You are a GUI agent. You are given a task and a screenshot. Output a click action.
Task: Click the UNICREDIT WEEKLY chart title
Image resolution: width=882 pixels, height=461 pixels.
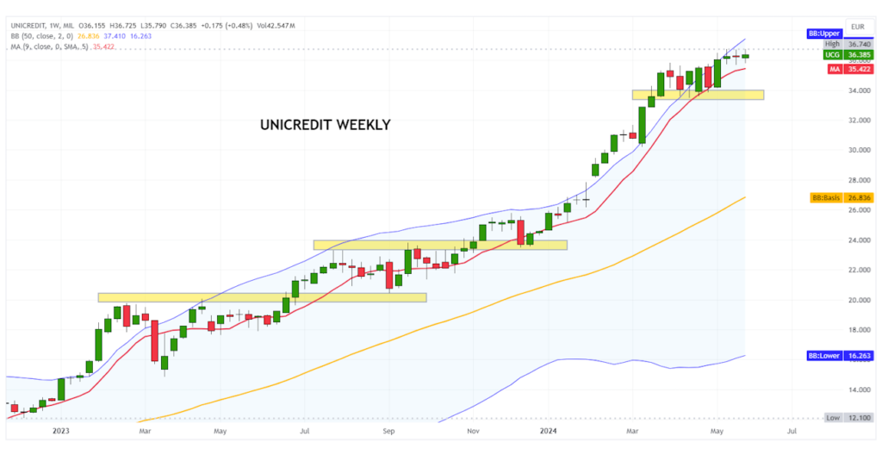(325, 125)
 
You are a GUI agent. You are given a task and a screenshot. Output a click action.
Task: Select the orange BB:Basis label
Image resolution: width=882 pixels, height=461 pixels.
(825, 197)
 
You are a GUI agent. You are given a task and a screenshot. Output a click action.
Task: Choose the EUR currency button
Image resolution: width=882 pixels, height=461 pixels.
(857, 27)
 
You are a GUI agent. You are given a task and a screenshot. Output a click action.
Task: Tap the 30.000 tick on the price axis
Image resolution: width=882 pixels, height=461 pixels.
(857, 150)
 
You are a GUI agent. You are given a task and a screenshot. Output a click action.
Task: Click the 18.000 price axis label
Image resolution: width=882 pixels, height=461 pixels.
(857, 330)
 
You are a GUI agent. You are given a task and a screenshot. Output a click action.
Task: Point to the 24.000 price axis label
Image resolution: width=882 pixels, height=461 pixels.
(857, 240)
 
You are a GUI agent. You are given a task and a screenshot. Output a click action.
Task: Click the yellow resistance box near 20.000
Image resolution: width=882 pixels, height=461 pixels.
(262, 298)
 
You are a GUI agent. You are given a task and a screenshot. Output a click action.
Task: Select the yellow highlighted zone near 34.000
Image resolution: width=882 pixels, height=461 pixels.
(697, 95)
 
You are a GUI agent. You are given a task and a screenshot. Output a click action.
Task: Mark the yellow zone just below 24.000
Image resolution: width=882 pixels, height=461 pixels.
(439, 245)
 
